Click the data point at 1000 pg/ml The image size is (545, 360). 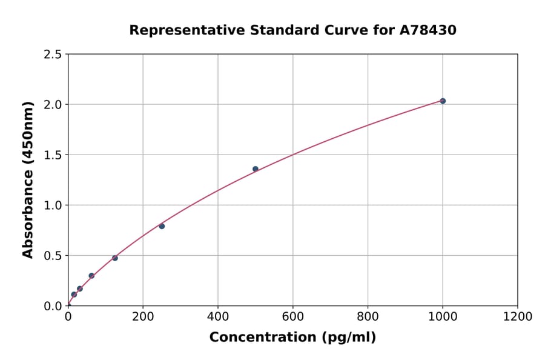click(443, 101)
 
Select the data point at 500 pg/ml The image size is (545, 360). click(256, 169)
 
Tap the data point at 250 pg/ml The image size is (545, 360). click(162, 226)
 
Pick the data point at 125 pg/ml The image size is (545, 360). click(115, 258)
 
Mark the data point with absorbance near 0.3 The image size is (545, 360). click(91, 276)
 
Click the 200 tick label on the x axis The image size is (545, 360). click(143, 316)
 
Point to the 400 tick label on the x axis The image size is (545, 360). click(218, 316)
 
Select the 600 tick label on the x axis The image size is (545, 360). click(292, 316)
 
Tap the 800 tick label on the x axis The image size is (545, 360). click(368, 316)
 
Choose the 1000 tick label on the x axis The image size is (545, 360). click(443, 316)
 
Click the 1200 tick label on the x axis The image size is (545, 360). click(517, 316)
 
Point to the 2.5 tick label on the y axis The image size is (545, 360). click(53, 55)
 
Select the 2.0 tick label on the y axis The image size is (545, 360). click(53, 105)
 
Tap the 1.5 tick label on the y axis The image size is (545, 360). click(53, 155)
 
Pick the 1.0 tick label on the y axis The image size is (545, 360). click(53, 205)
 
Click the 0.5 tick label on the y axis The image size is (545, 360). click(53, 256)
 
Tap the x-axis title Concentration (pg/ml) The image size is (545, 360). click(292, 338)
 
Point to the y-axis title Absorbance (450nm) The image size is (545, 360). click(28, 179)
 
